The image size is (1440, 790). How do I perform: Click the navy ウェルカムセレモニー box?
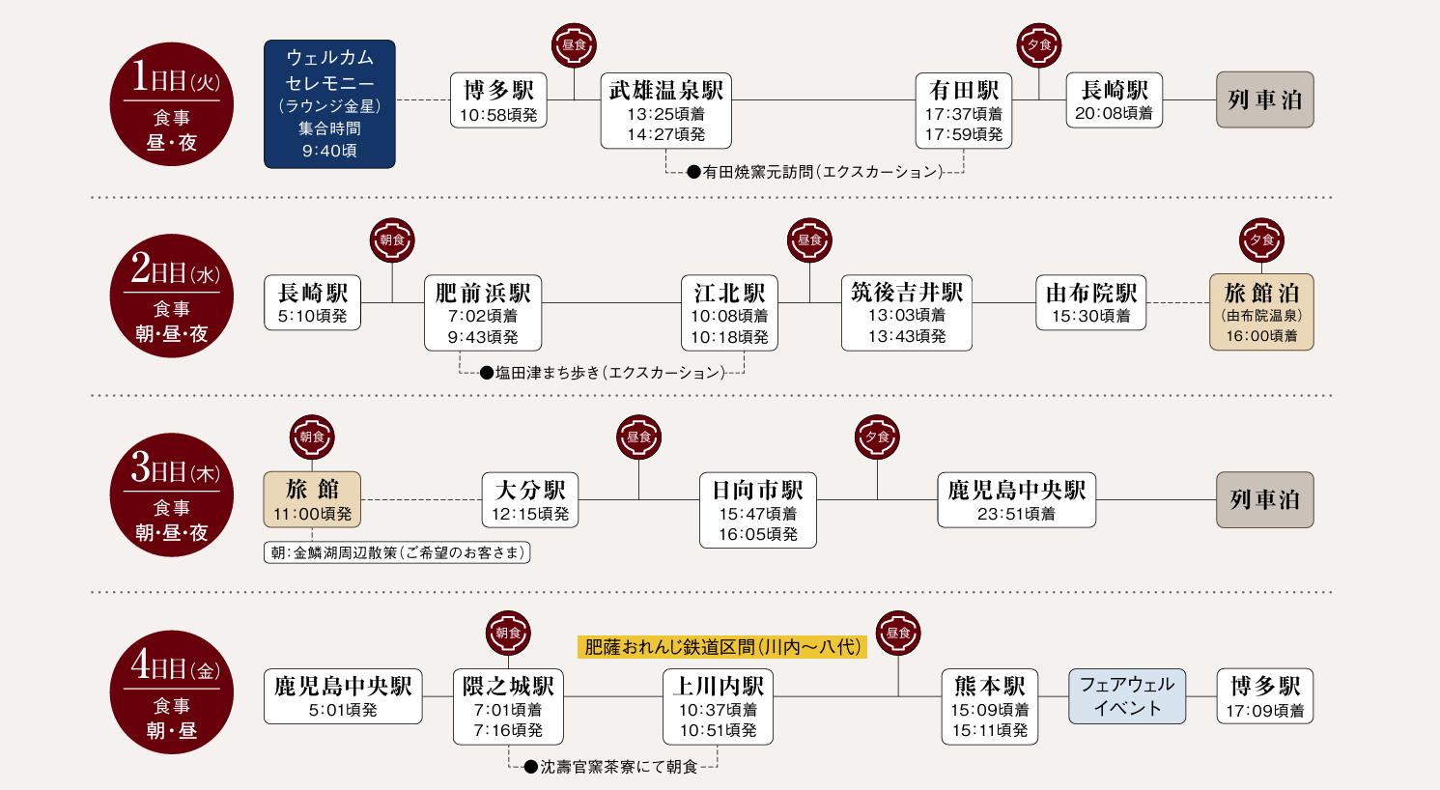click(x=329, y=104)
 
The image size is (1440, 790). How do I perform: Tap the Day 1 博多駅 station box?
click(x=498, y=100)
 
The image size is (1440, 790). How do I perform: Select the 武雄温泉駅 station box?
click(x=665, y=111)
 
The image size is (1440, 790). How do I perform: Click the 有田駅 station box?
click(x=963, y=111)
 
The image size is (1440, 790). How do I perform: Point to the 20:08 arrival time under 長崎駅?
click(x=1114, y=114)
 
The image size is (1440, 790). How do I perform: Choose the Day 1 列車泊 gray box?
click(x=1264, y=99)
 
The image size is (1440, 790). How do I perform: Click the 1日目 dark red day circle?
click(x=172, y=104)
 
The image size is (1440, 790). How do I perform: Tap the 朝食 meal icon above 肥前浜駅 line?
click(x=392, y=240)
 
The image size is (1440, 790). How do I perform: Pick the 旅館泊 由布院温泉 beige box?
click(x=1261, y=312)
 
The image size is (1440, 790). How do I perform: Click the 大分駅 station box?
click(x=530, y=500)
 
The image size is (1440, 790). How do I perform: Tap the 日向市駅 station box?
click(x=757, y=511)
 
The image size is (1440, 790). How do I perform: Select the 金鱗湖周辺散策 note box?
click(x=397, y=552)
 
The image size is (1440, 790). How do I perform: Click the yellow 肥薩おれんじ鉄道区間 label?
click(x=721, y=647)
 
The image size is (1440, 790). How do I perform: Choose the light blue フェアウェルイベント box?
click(x=1126, y=696)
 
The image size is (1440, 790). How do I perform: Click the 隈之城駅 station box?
click(x=508, y=707)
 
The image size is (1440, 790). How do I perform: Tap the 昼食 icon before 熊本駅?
click(x=898, y=634)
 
